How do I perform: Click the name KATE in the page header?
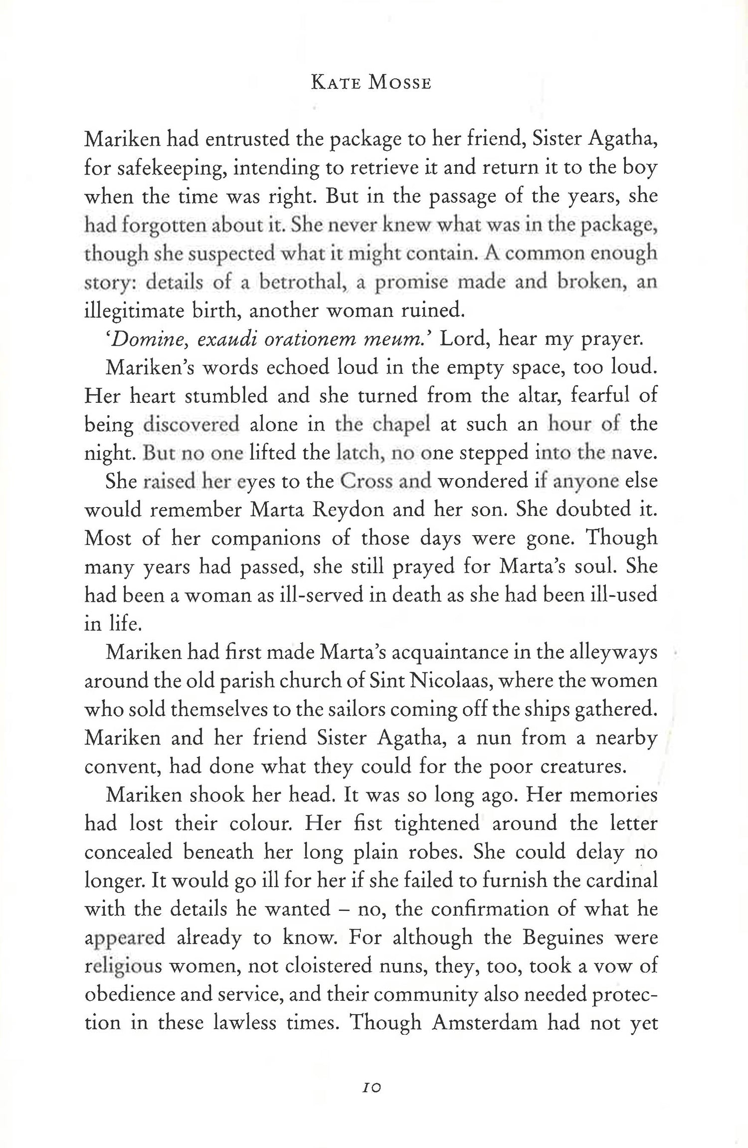[335, 82]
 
